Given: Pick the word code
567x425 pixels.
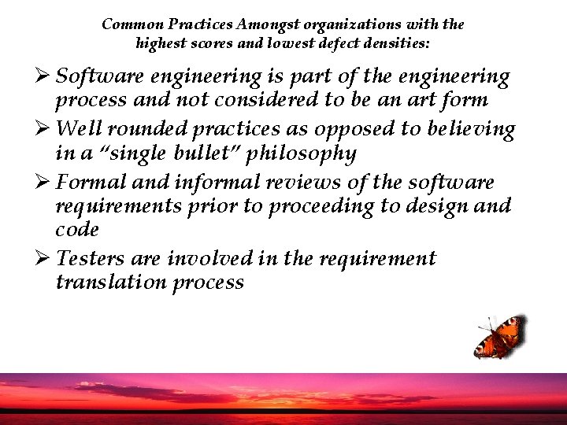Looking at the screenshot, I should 77,230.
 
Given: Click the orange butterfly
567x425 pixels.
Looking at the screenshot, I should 498,336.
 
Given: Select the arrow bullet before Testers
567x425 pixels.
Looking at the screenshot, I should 43,258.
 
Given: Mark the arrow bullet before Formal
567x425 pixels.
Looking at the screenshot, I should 43,183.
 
